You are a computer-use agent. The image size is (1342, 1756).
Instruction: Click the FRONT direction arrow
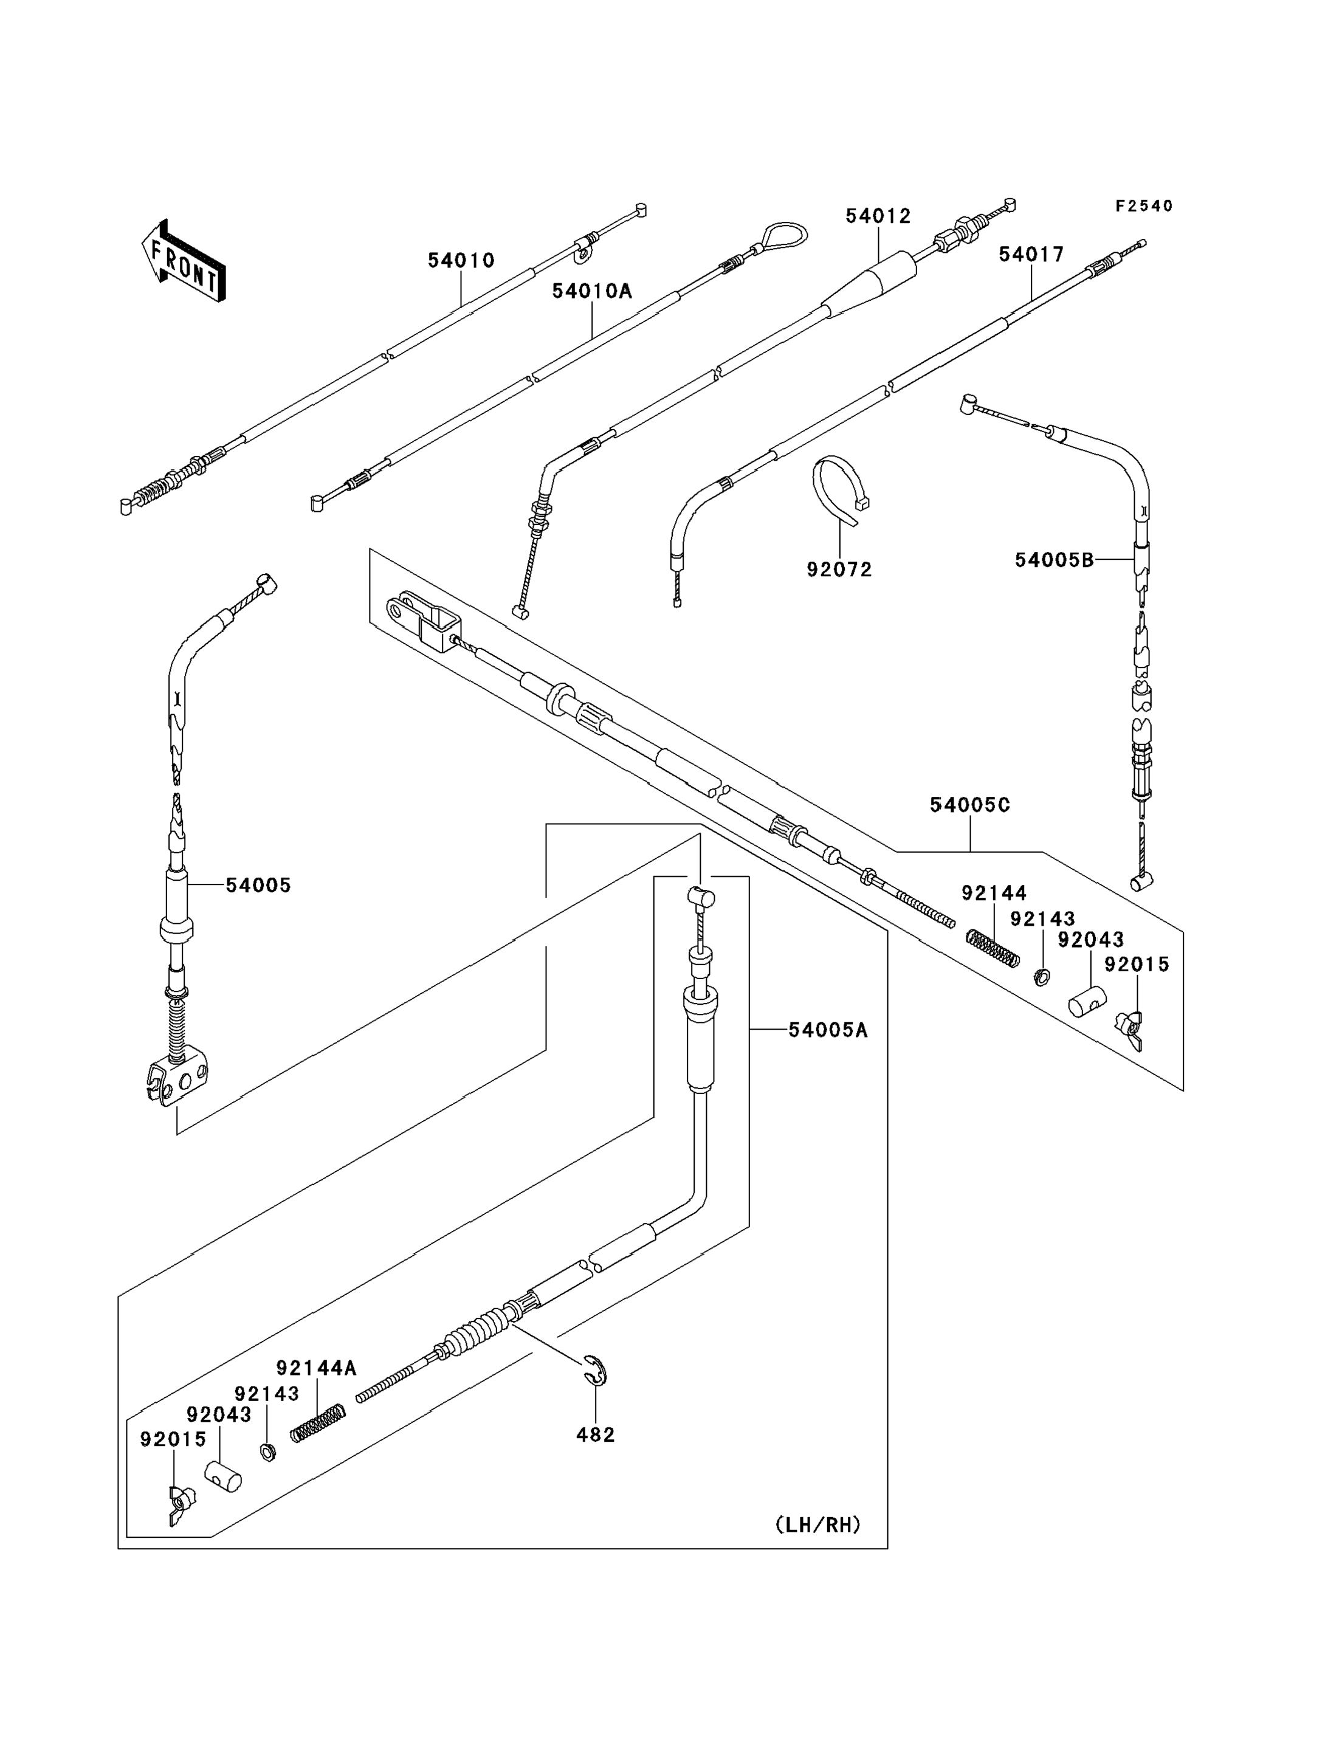pyautogui.click(x=184, y=261)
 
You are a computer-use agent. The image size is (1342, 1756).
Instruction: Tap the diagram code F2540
pyautogui.click(x=1144, y=206)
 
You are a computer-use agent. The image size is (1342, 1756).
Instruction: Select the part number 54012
pyautogui.click(x=878, y=216)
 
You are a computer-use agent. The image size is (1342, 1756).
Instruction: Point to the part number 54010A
pyautogui.click(x=592, y=292)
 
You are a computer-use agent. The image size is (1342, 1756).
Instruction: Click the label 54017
pyautogui.click(x=1031, y=255)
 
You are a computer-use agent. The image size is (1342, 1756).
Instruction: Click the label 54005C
pyautogui.click(x=970, y=805)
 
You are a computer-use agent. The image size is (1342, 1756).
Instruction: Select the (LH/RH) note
pyautogui.click(x=818, y=1525)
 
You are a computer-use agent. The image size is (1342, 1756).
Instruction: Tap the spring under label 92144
pyautogui.click(x=993, y=948)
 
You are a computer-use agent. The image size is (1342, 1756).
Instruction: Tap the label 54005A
pyautogui.click(x=828, y=1031)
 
